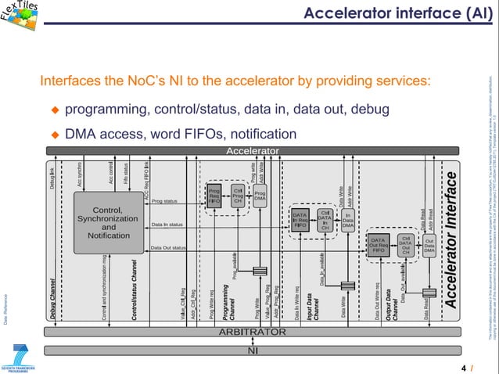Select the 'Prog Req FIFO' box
214,196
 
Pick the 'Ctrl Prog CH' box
238,195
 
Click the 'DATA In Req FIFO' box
300,219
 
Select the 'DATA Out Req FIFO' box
379,245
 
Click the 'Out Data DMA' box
429,245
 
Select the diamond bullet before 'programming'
56,108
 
